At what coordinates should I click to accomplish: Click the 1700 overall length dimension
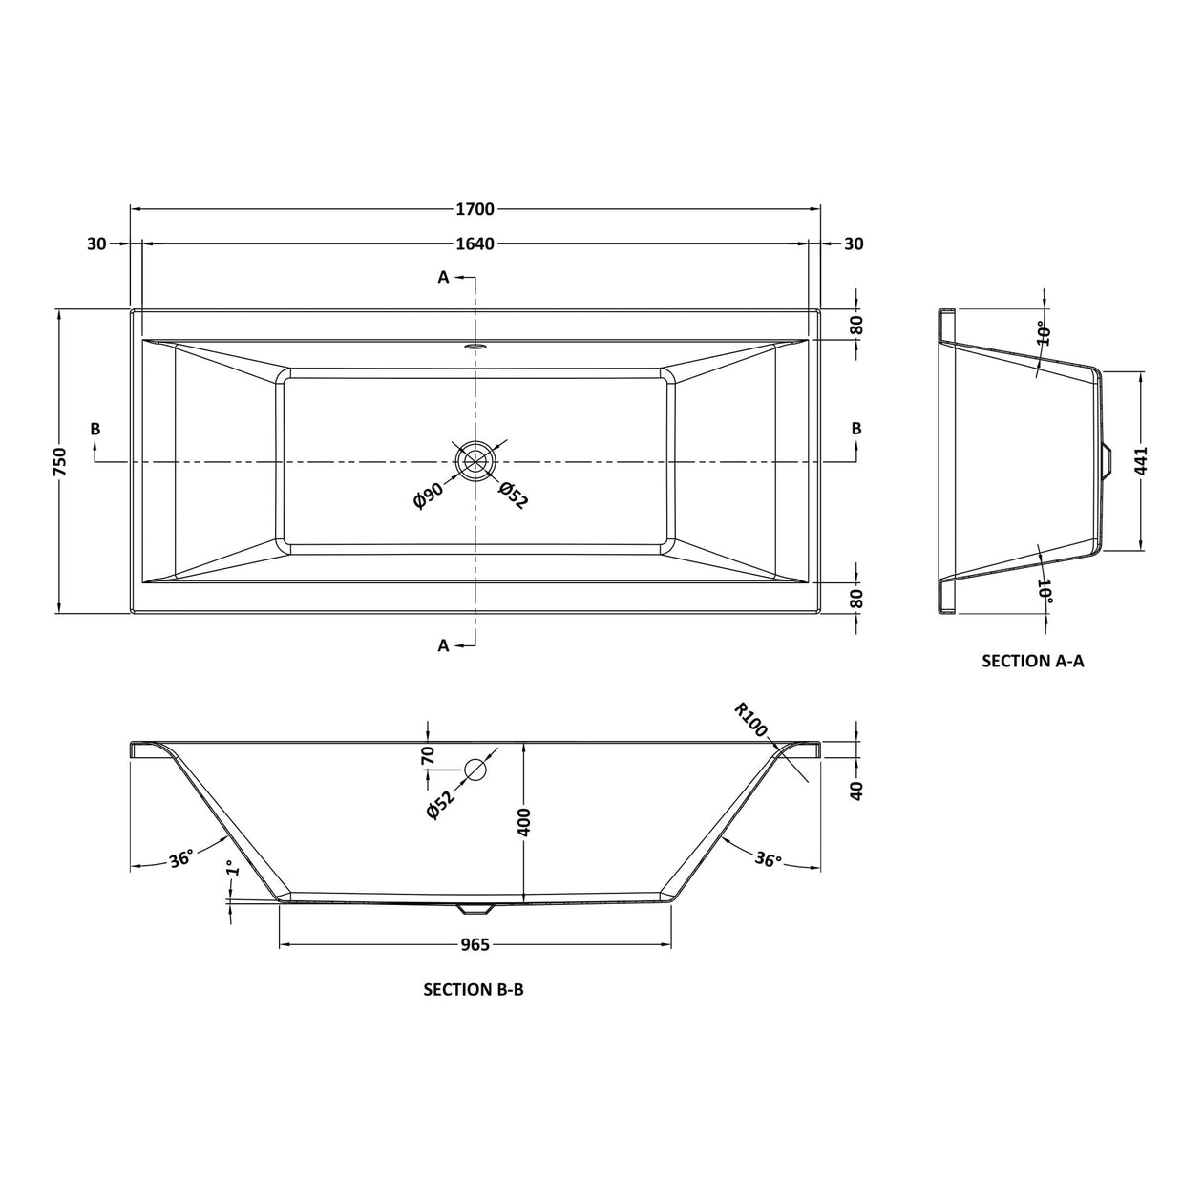pos(475,209)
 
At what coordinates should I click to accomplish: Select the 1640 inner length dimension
pos(475,243)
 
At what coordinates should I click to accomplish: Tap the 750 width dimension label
pos(60,461)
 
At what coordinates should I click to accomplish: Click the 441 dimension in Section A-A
pos(1143,461)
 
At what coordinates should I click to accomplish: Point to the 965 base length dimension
pos(475,944)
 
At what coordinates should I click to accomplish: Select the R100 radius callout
pos(751,719)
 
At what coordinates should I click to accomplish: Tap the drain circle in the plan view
pos(475,460)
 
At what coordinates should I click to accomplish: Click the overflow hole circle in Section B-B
pos(475,770)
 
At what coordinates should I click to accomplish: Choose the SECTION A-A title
pos(1033,661)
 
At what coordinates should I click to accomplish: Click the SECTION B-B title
pos(474,990)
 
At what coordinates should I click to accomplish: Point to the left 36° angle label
pos(181,858)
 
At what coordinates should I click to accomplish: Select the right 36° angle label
pos(768,859)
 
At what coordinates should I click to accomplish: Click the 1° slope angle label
pos(229,870)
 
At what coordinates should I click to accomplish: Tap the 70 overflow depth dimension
pos(429,756)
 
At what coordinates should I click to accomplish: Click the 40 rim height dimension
pos(856,790)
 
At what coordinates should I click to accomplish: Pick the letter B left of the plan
pos(95,429)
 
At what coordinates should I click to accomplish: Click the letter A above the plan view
pos(443,277)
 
